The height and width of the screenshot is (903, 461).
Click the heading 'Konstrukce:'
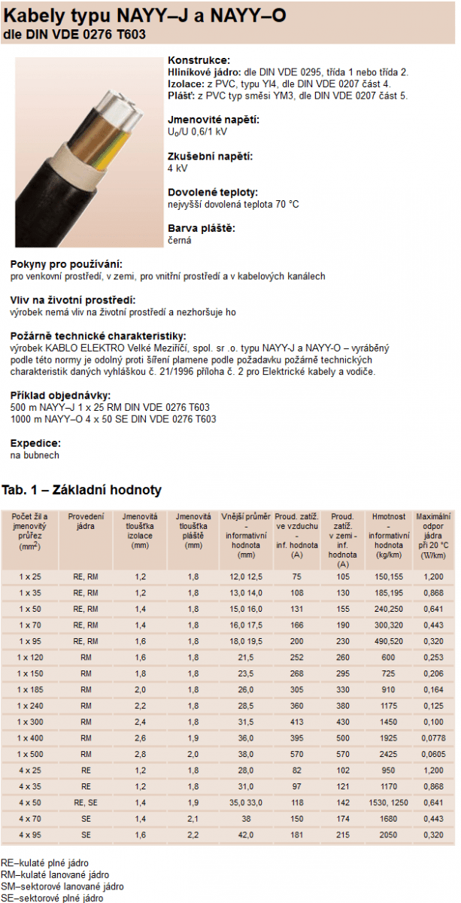point(199,60)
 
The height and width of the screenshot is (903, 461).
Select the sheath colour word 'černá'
point(180,240)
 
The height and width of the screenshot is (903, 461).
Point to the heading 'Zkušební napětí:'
point(210,157)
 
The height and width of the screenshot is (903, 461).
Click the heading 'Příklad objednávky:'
point(61,395)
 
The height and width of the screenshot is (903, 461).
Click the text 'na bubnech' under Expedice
point(34,455)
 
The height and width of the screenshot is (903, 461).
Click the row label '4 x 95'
point(31,835)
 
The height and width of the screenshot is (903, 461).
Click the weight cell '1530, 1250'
point(388,802)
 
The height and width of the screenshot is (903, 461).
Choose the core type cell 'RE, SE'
point(86,802)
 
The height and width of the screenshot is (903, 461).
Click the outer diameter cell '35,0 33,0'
point(246,802)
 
